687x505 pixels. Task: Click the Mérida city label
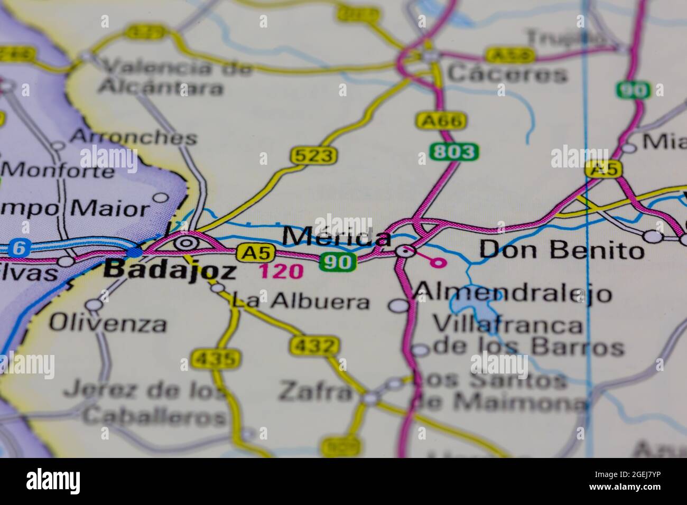click(337, 237)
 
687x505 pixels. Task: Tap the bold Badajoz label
click(170, 270)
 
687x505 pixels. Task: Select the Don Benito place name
click(561, 250)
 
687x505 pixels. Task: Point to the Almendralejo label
click(512, 292)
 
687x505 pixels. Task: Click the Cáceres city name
click(507, 74)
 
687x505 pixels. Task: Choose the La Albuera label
click(301, 302)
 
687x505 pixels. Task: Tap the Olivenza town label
click(108, 323)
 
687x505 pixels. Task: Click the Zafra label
click(315, 391)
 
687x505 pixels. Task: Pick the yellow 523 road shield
click(313, 155)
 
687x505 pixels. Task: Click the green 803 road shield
click(454, 152)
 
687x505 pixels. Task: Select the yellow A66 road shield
click(441, 121)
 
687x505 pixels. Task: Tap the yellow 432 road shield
click(313, 346)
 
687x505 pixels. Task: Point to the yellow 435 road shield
click(215, 359)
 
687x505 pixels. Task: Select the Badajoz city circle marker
click(185, 243)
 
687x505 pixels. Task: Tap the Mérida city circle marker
click(405, 251)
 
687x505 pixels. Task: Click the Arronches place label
click(133, 137)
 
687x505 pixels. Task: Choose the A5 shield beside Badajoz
click(249, 253)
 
